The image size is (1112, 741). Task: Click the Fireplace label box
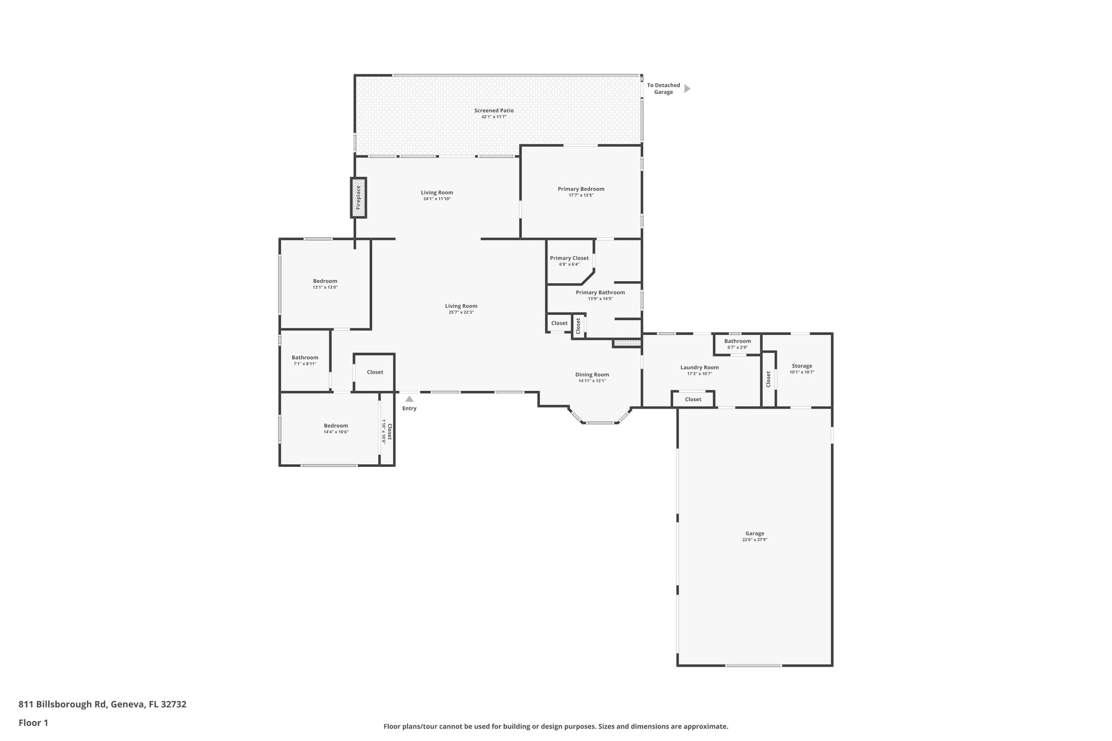coord(358,198)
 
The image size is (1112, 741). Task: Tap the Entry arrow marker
coord(409,399)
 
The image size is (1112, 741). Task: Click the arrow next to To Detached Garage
coord(687,88)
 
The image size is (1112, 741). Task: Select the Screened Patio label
coord(494,111)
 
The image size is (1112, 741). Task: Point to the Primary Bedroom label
coord(580,189)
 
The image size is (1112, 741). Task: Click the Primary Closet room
coord(569,261)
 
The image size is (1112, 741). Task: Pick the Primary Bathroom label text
coord(600,293)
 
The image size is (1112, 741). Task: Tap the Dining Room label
coord(592,375)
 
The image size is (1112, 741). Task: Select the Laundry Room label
coord(699,368)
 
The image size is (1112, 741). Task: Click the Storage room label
coord(801,366)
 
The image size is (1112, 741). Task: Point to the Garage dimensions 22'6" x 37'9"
coord(754,540)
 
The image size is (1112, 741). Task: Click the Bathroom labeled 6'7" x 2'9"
coord(737,344)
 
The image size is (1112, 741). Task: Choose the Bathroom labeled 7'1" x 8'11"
coord(305,360)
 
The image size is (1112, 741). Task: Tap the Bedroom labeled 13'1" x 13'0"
coord(325,284)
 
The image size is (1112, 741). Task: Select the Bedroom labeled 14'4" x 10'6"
coord(336,428)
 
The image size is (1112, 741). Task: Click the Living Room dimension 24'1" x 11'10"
coord(437,199)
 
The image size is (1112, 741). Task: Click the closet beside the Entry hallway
coord(375,372)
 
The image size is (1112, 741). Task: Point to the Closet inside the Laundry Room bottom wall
coord(693,400)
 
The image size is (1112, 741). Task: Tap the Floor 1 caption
coord(34,723)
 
